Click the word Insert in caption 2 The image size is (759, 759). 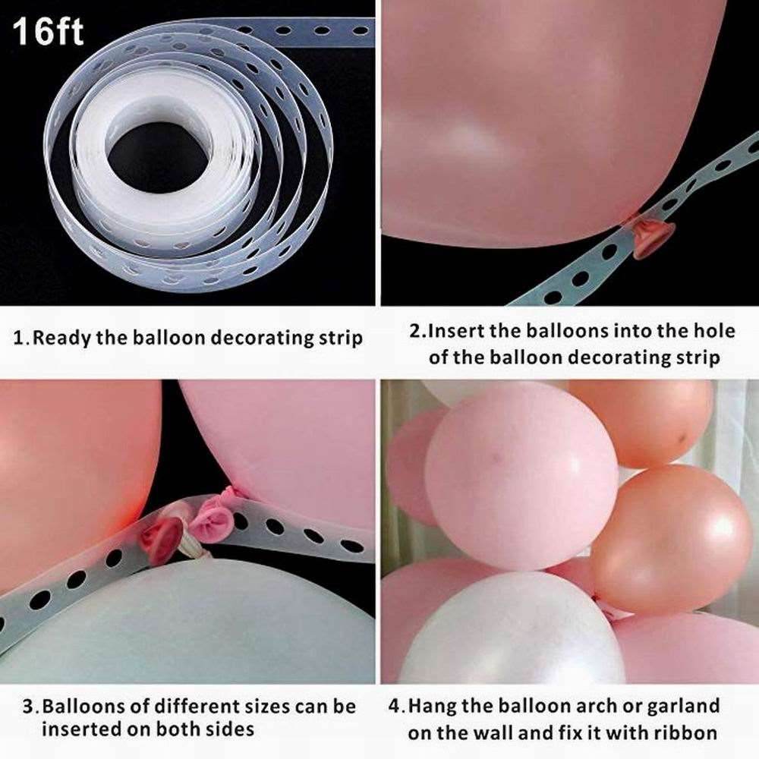[457, 331]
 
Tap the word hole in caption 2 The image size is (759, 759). [715, 331]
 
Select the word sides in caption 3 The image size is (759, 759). [231, 729]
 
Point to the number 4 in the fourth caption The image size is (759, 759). [395, 707]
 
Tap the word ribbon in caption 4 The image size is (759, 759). [686, 733]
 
